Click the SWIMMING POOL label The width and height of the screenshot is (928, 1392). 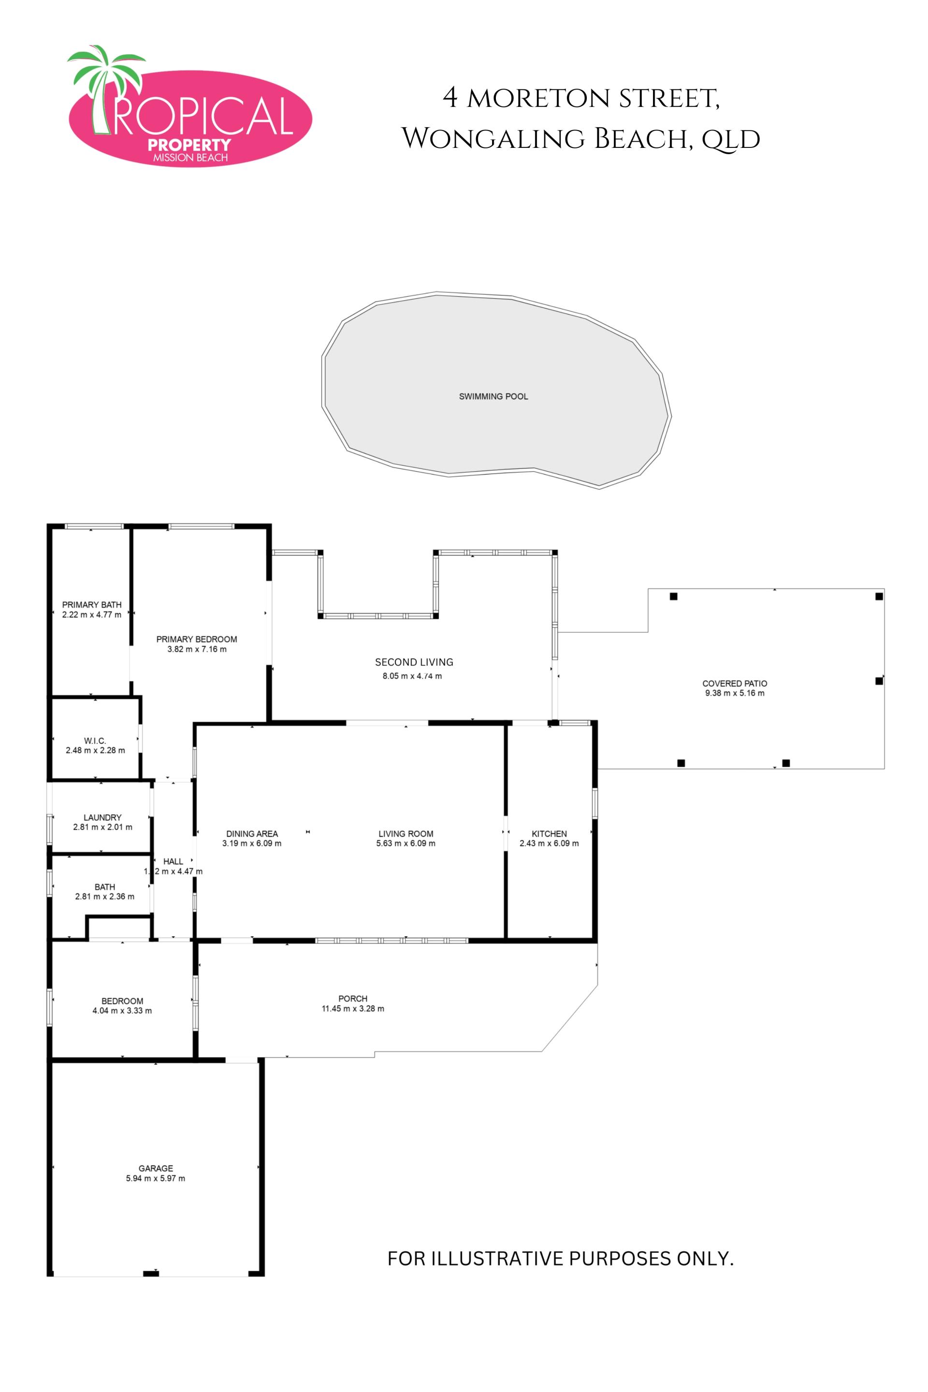tap(493, 396)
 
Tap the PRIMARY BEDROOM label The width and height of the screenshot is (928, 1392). tap(197, 639)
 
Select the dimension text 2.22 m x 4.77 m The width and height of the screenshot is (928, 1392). tap(92, 615)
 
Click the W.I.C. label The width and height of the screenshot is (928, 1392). tap(95, 741)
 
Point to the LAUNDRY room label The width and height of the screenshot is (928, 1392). tap(102, 817)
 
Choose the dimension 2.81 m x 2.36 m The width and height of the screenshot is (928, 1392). tap(105, 897)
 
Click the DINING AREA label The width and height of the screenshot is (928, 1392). tap(252, 834)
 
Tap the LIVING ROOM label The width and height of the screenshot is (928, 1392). tap(406, 834)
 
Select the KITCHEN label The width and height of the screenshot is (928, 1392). tap(549, 834)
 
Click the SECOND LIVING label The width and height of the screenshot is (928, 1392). tap(414, 662)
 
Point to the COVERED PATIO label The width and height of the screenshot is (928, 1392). tap(735, 683)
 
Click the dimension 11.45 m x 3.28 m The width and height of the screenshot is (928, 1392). tap(353, 1009)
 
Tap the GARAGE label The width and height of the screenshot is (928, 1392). tap(156, 1168)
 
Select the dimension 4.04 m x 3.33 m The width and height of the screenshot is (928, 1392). tap(122, 1011)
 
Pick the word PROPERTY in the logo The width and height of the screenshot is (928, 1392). tap(189, 145)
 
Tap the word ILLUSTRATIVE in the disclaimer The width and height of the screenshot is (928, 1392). tap(498, 1258)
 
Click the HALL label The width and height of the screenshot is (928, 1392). tap(174, 862)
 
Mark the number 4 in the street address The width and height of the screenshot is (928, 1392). tap(450, 98)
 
